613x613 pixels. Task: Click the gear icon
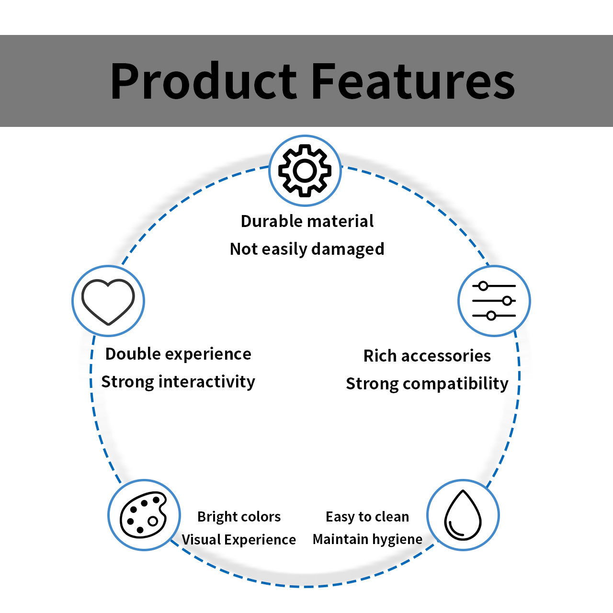click(305, 171)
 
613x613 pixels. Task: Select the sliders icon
click(494, 301)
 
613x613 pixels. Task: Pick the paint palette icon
click(143, 515)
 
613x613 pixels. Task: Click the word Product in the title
click(204, 81)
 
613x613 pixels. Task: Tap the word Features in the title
click(413, 81)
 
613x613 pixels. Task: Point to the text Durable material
click(307, 221)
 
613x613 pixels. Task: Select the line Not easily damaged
click(307, 249)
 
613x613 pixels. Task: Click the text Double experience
click(179, 354)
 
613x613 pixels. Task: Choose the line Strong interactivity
click(178, 382)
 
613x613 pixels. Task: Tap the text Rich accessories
click(427, 356)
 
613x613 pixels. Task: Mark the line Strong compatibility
click(427, 384)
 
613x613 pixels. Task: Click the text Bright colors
click(239, 517)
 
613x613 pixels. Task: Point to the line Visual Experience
click(238, 540)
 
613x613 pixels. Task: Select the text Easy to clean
click(367, 517)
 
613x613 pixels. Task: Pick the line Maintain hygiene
click(367, 540)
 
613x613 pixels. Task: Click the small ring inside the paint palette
click(153, 521)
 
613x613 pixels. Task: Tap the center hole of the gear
click(305, 171)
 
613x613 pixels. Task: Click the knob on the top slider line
click(483, 286)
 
